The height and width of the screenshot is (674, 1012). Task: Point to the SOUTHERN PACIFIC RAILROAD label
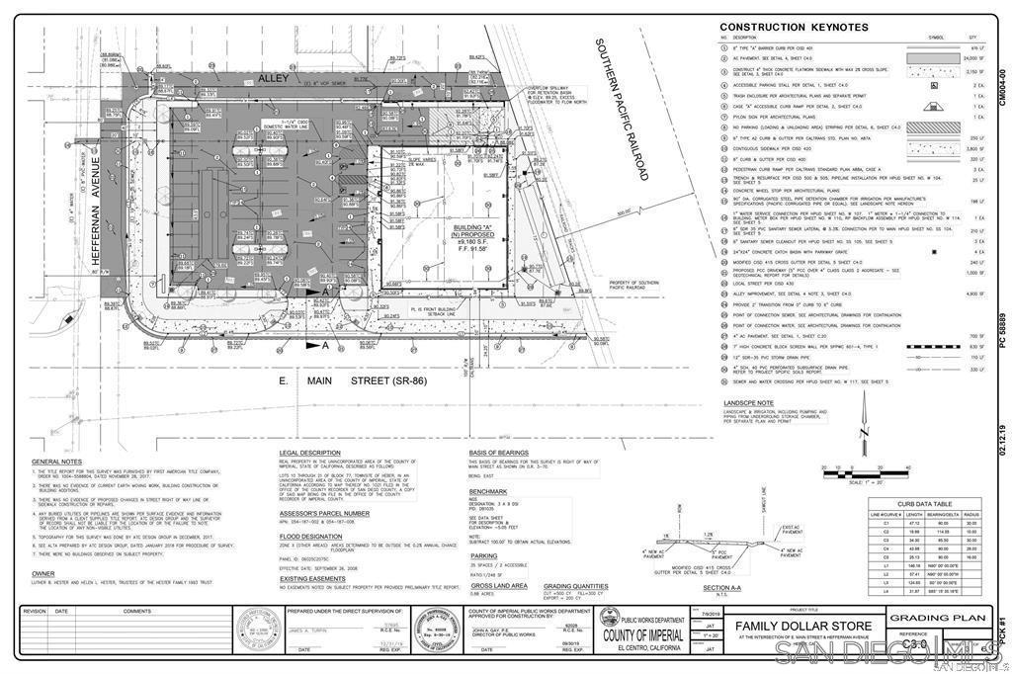click(x=620, y=109)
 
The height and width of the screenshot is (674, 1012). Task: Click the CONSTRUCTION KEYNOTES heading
click(x=794, y=27)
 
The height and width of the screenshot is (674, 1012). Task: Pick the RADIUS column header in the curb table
click(x=970, y=515)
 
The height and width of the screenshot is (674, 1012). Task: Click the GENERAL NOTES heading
click(x=56, y=463)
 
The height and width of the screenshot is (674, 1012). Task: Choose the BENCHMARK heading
click(x=488, y=490)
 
